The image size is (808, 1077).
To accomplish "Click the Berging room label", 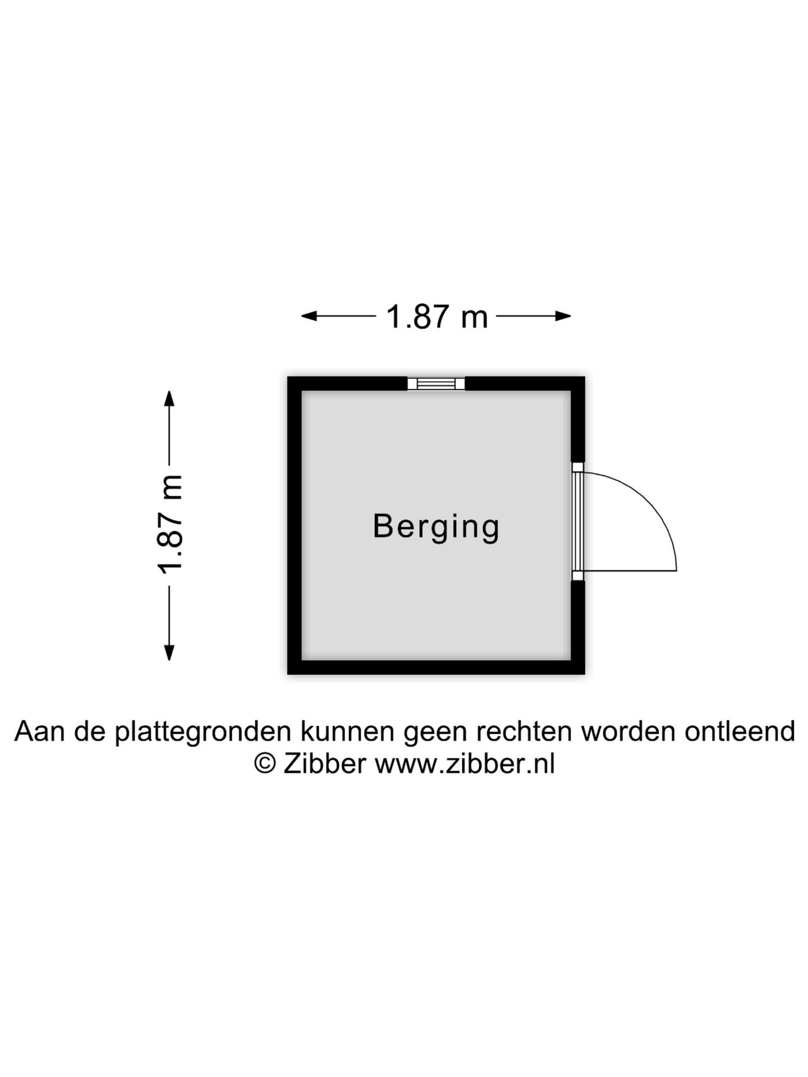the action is click(436, 527).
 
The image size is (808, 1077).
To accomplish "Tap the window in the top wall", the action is click(436, 383).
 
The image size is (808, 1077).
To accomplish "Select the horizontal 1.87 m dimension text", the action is click(437, 317).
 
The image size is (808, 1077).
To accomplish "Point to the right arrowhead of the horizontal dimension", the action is click(563, 316).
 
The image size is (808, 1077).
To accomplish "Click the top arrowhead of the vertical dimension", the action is click(169, 398).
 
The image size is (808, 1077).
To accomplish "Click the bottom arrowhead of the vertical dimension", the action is click(169, 653).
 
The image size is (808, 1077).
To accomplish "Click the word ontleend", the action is click(740, 731).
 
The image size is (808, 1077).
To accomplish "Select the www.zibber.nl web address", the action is click(465, 763).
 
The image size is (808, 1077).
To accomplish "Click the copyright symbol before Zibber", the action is click(265, 763).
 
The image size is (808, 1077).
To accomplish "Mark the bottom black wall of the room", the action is click(436, 668).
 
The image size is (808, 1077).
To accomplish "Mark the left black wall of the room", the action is click(295, 526).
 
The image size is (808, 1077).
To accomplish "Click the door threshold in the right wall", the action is click(578, 521).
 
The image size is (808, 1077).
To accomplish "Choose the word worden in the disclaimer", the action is click(628, 731).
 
